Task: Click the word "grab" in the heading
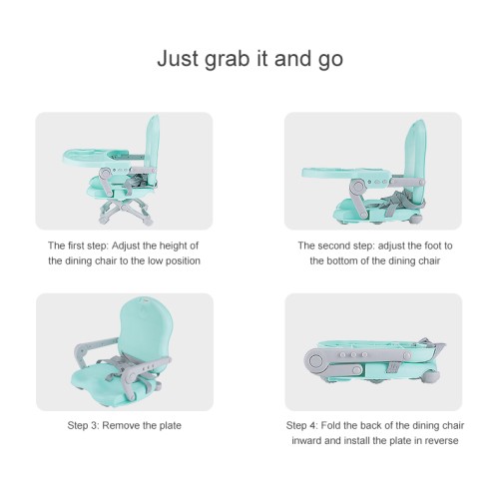pyautogui.click(x=227, y=59)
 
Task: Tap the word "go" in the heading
pyautogui.click(x=330, y=61)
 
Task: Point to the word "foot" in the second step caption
pyautogui.click(x=425, y=246)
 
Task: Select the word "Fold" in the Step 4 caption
pyautogui.click(x=330, y=425)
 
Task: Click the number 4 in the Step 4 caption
pyautogui.click(x=313, y=425)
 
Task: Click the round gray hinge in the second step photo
pyautogui.click(x=357, y=188)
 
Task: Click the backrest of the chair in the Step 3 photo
pyautogui.click(x=147, y=327)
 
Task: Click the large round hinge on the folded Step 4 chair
pyautogui.click(x=314, y=360)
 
